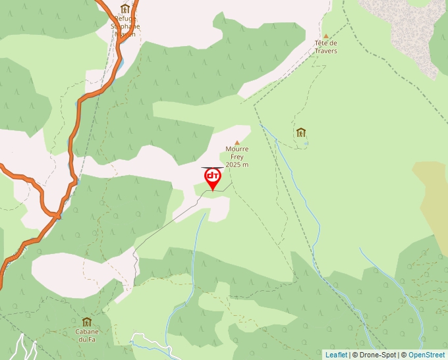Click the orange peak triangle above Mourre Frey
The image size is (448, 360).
tap(237, 142)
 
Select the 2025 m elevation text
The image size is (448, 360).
tap(237, 165)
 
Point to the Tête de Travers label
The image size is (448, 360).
tap(325, 47)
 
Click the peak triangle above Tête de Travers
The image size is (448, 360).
tap(325, 36)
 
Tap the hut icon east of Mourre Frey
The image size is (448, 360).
tap(301, 132)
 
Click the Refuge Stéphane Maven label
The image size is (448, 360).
tap(125, 26)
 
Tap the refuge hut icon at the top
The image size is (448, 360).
tap(125, 9)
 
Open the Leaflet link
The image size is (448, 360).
tap(336, 355)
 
